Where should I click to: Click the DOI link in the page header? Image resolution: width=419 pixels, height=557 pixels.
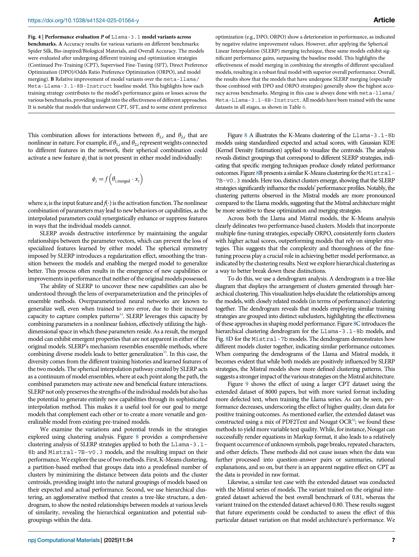(x=83, y=20)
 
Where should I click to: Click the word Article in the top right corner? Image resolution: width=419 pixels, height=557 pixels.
(x=384, y=20)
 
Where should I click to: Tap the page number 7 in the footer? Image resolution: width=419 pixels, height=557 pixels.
(x=393, y=540)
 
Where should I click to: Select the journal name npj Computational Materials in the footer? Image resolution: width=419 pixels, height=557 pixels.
(x=64, y=540)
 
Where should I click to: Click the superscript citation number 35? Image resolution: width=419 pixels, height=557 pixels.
(x=165, y=352)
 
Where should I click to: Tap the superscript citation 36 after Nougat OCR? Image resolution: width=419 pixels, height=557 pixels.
(x=353, y=420)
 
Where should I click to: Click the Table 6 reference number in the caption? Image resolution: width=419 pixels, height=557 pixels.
(x=304, y=107)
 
